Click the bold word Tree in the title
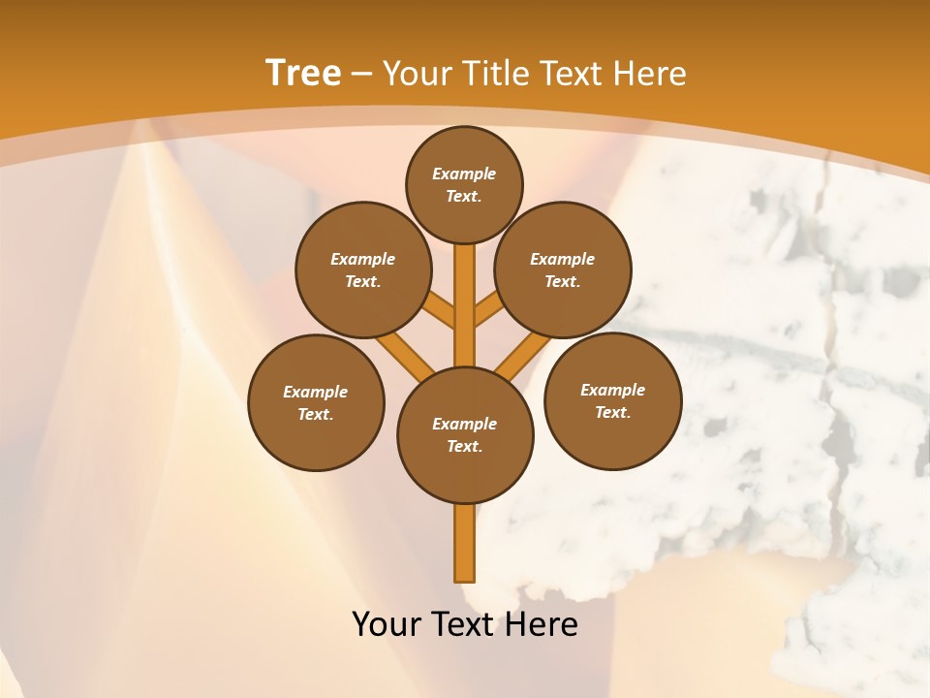click(x=303, y=73)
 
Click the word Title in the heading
click(x=493, y=73)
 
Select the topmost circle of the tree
click(x=464, y=184)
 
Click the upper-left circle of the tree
click(x=363, y=270)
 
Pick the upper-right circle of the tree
click(x=563, y=270)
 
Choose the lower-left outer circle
click(x=316, y=402)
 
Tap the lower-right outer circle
click(x=612, y=400)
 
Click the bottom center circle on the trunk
click(x=465, y=435)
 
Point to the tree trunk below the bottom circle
click(x=465, y=543)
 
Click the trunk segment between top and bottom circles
click(x=465, y=305)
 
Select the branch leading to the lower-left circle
click(x=405, y=353)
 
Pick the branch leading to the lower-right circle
click(x=524, y=354)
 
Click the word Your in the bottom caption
click(x=387, y=624)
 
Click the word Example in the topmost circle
click(x=464, y=174)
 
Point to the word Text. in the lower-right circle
click(x=612, y=412)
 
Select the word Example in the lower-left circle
click(x=316, y=392)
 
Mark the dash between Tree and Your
click(x=362, y=74)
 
